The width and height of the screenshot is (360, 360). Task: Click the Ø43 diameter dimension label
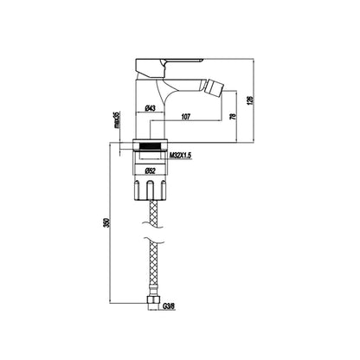coord(150,108)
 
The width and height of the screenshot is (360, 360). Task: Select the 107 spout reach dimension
coord(186,117)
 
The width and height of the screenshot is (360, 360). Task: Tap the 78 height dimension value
coord(234,116)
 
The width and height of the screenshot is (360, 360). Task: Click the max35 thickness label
coord(116,119)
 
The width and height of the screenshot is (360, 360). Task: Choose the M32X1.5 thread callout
coord(180,156)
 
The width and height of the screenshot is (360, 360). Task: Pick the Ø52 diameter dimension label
coord(150,170)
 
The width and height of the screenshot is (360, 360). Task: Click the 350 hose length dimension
coord(106,222)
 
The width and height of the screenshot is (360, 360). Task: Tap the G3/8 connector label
coord(169,306)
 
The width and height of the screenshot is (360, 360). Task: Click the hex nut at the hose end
coord(153,299)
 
